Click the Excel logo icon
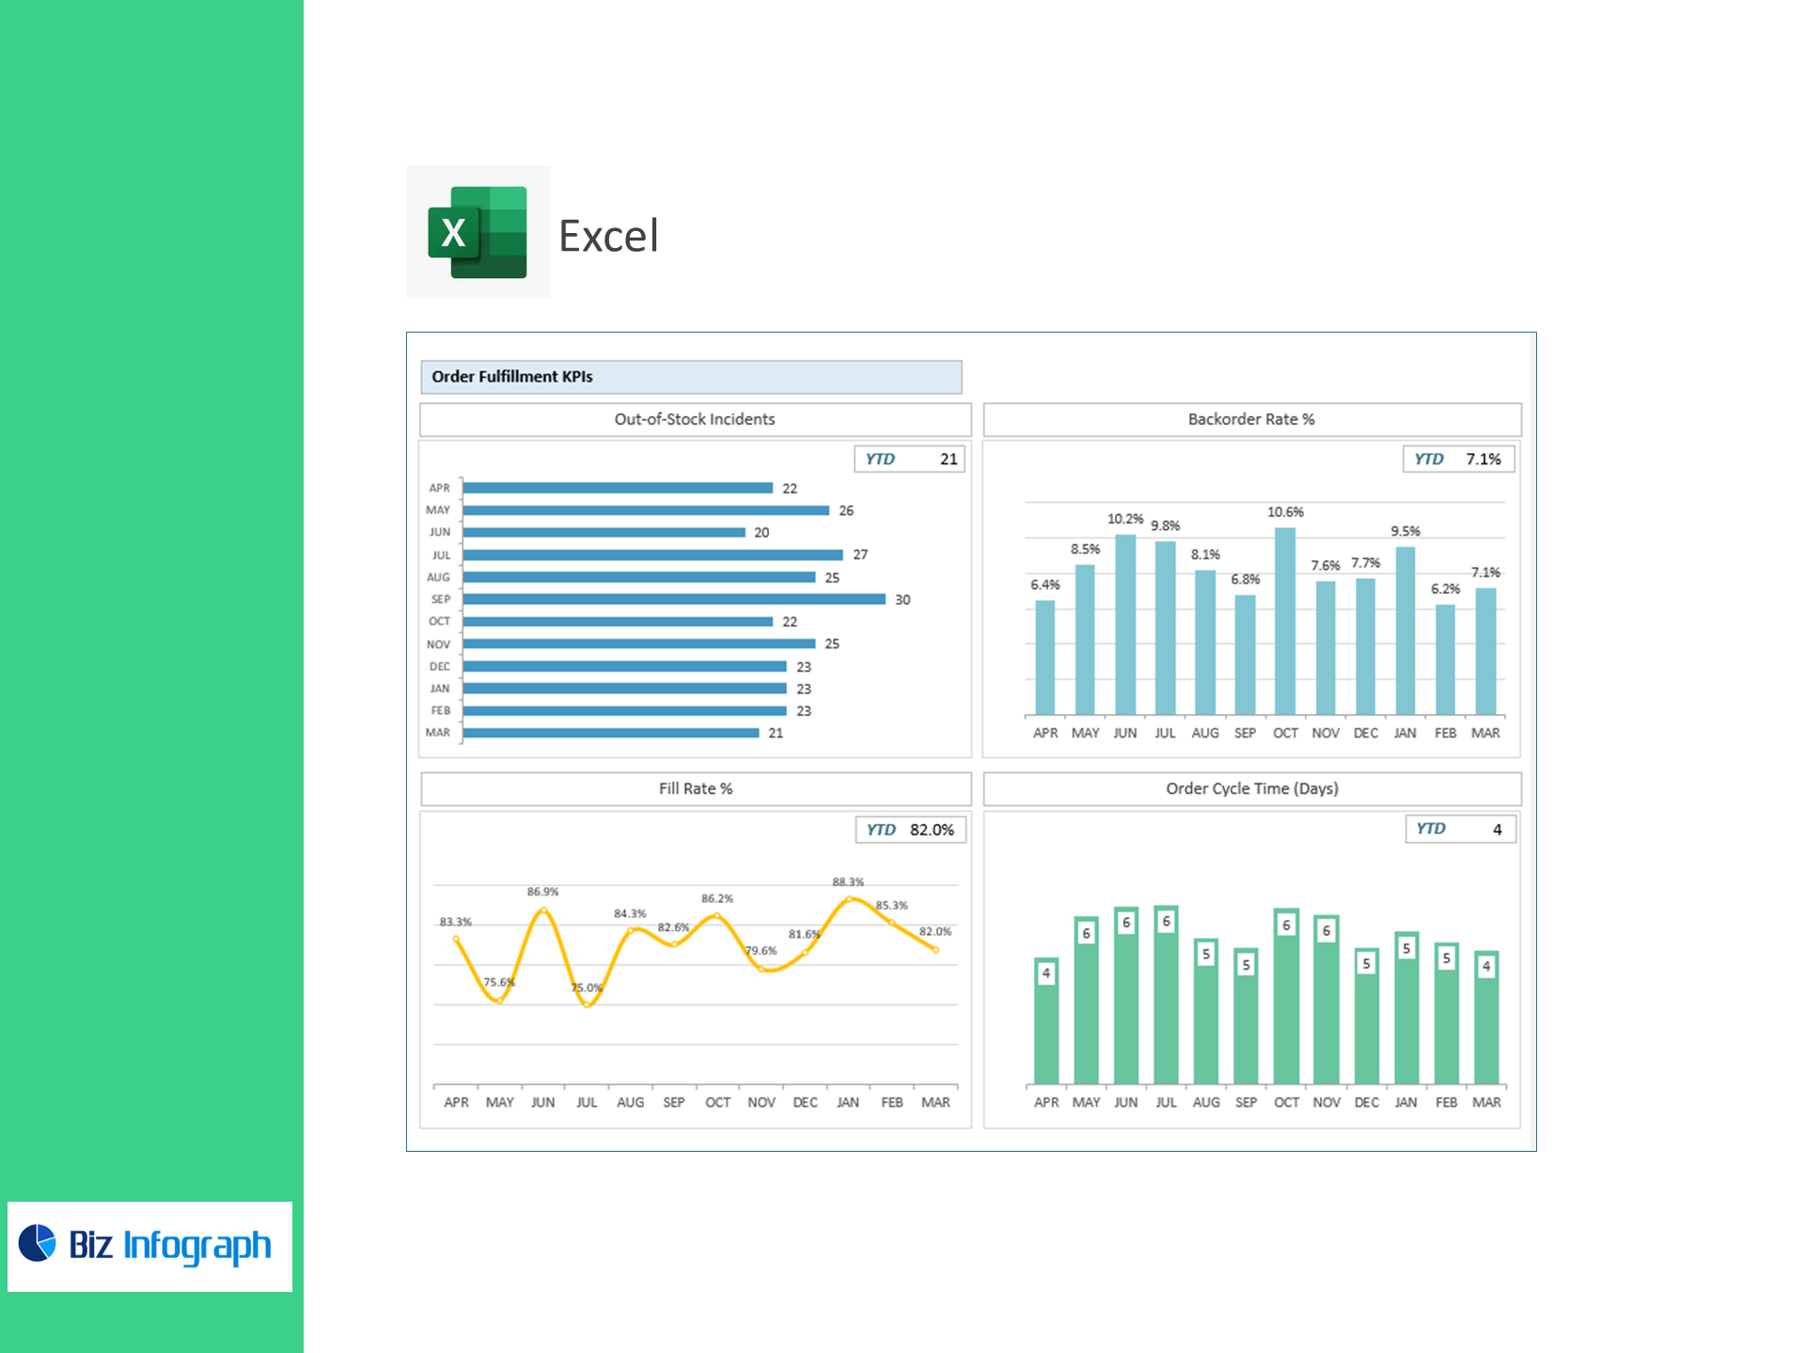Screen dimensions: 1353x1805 [x=478, y=232]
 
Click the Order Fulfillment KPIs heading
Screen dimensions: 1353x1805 [x=512, y=377]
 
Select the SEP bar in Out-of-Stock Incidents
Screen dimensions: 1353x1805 [x=674, y=599]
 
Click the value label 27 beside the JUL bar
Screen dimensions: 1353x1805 [x=860, y=555]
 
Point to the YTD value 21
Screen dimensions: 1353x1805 [x=949, y=459]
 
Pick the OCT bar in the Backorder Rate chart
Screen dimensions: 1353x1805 [x=1285, y=621]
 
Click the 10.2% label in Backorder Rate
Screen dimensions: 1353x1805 [x=1125, y=519]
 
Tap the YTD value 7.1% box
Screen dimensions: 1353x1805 [x=1483, y=459]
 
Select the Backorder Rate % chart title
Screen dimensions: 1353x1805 [x=1251, y=419]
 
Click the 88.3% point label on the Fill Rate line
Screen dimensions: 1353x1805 [x=848, y=882]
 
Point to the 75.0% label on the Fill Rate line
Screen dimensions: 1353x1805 [x=587, y=988]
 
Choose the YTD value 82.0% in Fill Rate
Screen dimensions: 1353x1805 [x=932, y=830]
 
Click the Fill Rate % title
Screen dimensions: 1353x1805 [x=696, y=788]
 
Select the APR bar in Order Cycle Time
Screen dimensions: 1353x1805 [x=1046, y=1021]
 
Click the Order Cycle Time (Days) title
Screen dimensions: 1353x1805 [x=1252, y=788]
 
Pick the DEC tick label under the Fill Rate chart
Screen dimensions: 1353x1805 [x=805, y=1102]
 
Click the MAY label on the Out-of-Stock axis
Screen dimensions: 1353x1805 [x=438, y=510]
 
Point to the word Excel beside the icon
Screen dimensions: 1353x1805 [x=608, y=236]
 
